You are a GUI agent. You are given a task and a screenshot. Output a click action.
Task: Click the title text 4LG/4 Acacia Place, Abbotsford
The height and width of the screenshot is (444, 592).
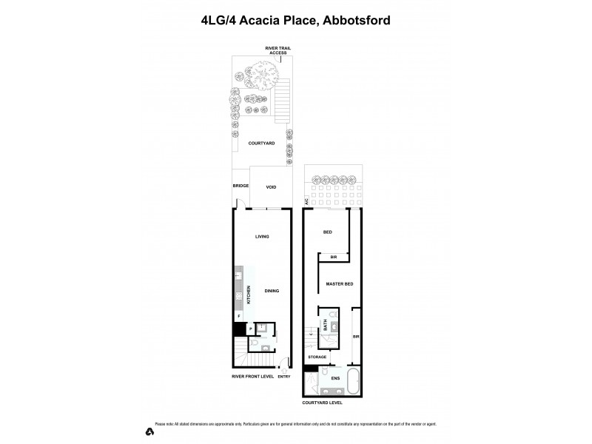pyautogui.click(x=296, y=21)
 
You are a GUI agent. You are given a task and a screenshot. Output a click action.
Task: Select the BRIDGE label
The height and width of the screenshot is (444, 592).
pyautogui.click(x=240, y=186)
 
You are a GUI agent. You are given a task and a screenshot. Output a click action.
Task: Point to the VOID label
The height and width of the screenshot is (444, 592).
pyautogui.click(x=271, y=186)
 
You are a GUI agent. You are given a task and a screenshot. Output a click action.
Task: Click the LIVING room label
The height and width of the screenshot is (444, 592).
pyautogui.click(x=262, y=237)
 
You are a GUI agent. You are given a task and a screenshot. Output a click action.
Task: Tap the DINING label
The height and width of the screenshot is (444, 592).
pyautogui.click(x=272, y=291)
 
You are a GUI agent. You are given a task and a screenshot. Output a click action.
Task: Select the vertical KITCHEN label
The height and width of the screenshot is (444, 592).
pyautogui.click(x=249, y=294)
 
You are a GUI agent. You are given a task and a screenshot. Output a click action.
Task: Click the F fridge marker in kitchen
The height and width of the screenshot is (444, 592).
pyautogui.click(x=238, y=315)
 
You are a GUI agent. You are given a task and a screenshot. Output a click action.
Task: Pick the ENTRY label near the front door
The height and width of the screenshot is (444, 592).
pyautogui.click(x=284, y=376)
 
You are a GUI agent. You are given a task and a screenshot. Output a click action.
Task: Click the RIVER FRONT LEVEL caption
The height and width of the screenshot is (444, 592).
pyautogui.click(x=253, y=376)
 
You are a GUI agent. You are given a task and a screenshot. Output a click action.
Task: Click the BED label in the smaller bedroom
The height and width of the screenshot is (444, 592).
pyautogui.click(x=327, y=232)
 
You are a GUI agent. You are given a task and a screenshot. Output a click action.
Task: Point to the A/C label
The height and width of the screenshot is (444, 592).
pyautogui.click(x=306, y=201)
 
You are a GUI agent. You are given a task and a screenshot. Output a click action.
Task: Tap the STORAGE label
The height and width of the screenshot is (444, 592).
pyautogui.click(x=317, y=357)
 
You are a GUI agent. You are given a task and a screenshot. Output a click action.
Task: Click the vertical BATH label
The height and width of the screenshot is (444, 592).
pyautogui.click(x=324, y=323)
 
